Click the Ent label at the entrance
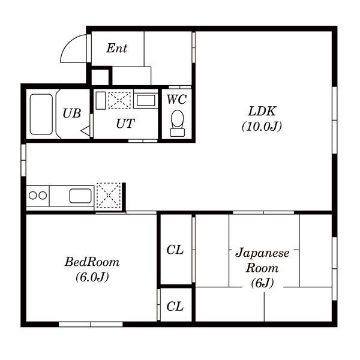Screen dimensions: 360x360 [x=116, y=48]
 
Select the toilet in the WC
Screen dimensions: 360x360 [x=177, y=123]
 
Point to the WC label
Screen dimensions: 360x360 [x=176, y=100]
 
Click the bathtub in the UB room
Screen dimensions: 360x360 [x=41, y=114]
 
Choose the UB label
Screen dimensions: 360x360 [x=72, y=113]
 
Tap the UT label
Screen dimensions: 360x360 [x=125, y=124]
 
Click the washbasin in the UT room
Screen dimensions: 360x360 [x=146, y=100]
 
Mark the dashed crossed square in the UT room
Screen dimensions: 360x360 [x=119, y=100]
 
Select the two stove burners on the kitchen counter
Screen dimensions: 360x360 [x=38, y=196]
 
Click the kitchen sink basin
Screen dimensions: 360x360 [x=80, y=196]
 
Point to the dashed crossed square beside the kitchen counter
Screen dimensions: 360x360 [x=109, y=196]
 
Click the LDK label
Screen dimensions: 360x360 [x=262, y=111]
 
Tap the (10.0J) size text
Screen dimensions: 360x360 [x=262, y=126]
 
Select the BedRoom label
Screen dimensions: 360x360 [x=92, y=262]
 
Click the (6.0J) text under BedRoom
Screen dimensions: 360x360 [x=92, y=277]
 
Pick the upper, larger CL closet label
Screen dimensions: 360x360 [x=175, y=250]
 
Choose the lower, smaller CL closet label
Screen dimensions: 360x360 [x=175, y=306]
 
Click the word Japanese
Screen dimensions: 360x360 [x=262, y=253]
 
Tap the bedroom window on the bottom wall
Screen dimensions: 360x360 [x=91, y=324]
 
